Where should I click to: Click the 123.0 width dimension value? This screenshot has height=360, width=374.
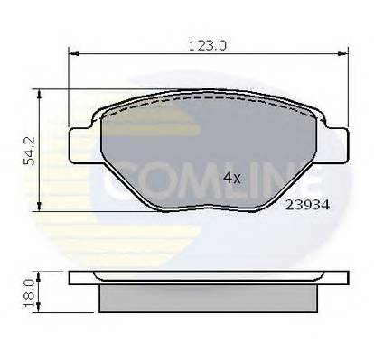coord(203,42)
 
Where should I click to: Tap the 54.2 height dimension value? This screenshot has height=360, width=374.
coord(30,151)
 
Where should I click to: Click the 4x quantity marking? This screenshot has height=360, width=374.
coord(231,179)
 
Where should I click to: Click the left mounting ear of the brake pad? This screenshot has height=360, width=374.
coord(85,139)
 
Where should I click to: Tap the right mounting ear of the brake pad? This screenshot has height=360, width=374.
coord(341,140)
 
